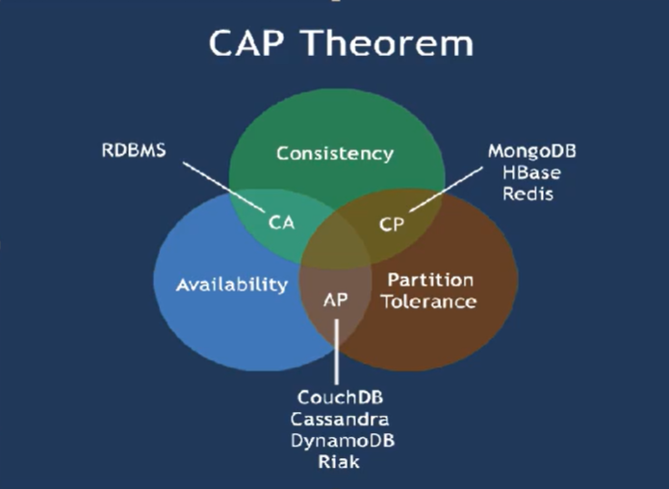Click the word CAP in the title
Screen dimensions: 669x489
click(246, 42)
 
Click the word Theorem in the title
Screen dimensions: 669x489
click(388, 42)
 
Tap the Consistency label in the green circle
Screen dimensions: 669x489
click(335, 154)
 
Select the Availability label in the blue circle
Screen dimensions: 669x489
click(232, 285)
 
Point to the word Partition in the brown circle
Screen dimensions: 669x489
click(430, 280)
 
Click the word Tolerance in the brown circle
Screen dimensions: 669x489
click(428, 301)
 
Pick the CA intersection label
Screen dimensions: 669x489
click(282, 222)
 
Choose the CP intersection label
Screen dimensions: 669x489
click(392, 224)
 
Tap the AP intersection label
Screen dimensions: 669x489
click(335, 300)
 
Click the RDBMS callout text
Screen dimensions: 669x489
click(134, 150)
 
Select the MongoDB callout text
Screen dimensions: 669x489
click(532, 151)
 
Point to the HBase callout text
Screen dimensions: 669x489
click(531, 173)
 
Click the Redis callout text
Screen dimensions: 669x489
click(527, 193)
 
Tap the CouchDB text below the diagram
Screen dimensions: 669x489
click(340, 398)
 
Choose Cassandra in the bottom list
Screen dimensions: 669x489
click(340, 419)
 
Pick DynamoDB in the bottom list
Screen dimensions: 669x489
click(343, 441)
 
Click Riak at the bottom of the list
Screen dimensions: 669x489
click(339, 462)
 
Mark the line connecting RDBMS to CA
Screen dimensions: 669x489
click(224, 187)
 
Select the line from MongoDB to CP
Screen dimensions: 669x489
click(446, 189)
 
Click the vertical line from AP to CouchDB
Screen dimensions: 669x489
click(337, 351)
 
